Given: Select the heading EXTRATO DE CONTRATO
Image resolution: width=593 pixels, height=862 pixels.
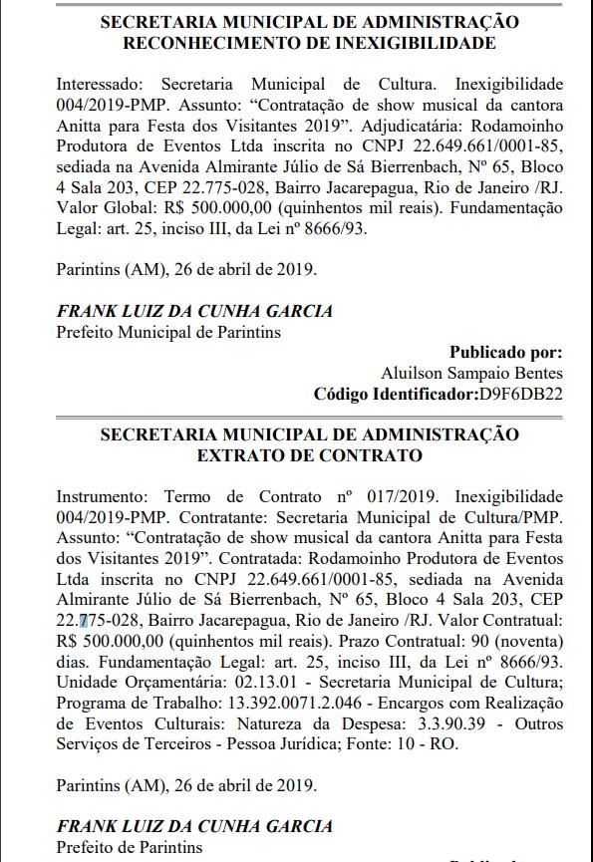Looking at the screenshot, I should click(x=310, y=455).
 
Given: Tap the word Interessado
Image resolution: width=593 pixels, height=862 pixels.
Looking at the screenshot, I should click(x=98, y=86).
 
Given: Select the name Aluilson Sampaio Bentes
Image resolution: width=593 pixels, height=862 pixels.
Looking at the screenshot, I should click(x=471, y=373).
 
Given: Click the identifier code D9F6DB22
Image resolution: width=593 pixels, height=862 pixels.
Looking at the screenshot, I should click(x=520, y=393).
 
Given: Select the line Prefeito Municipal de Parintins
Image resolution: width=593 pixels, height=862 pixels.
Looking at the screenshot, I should click(x=168, y=331).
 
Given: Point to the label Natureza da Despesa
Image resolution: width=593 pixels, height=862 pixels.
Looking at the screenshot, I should click(x=320, y=723).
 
